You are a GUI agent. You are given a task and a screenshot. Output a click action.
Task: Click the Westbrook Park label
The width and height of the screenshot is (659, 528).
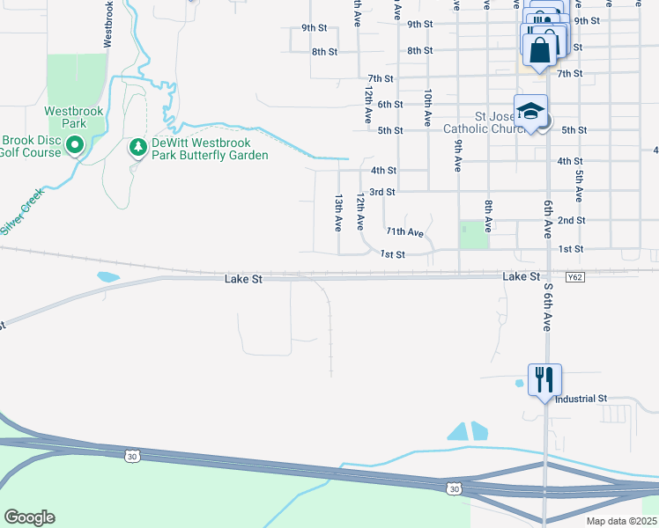tap(75, 118)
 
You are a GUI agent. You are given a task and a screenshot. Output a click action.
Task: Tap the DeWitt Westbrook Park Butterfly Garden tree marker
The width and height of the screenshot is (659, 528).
tap(137, 148)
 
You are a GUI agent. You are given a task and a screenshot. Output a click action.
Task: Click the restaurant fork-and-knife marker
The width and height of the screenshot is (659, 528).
tap(544, 380)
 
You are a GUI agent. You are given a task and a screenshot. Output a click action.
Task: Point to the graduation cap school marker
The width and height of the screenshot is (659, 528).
tap(530, 112)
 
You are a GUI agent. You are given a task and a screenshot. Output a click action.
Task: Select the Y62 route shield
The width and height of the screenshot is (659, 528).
tap(574, 278)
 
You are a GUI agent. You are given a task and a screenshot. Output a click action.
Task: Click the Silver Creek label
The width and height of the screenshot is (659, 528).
tap(22, 214)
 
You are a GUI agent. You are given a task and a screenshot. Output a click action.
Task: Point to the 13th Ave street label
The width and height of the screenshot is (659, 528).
tap(337, 214)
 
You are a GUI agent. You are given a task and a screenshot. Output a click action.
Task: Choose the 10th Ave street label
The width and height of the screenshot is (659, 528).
tap(427, 105)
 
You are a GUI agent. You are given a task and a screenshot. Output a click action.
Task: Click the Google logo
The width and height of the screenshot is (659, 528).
tap(29, 517)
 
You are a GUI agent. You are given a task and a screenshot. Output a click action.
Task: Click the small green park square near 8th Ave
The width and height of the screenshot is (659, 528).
tap(474, 234)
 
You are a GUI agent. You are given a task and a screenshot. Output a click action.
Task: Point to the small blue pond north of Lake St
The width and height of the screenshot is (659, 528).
tap(107, 276)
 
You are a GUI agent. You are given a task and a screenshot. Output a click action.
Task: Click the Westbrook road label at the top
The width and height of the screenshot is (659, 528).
tap(107, 25)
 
